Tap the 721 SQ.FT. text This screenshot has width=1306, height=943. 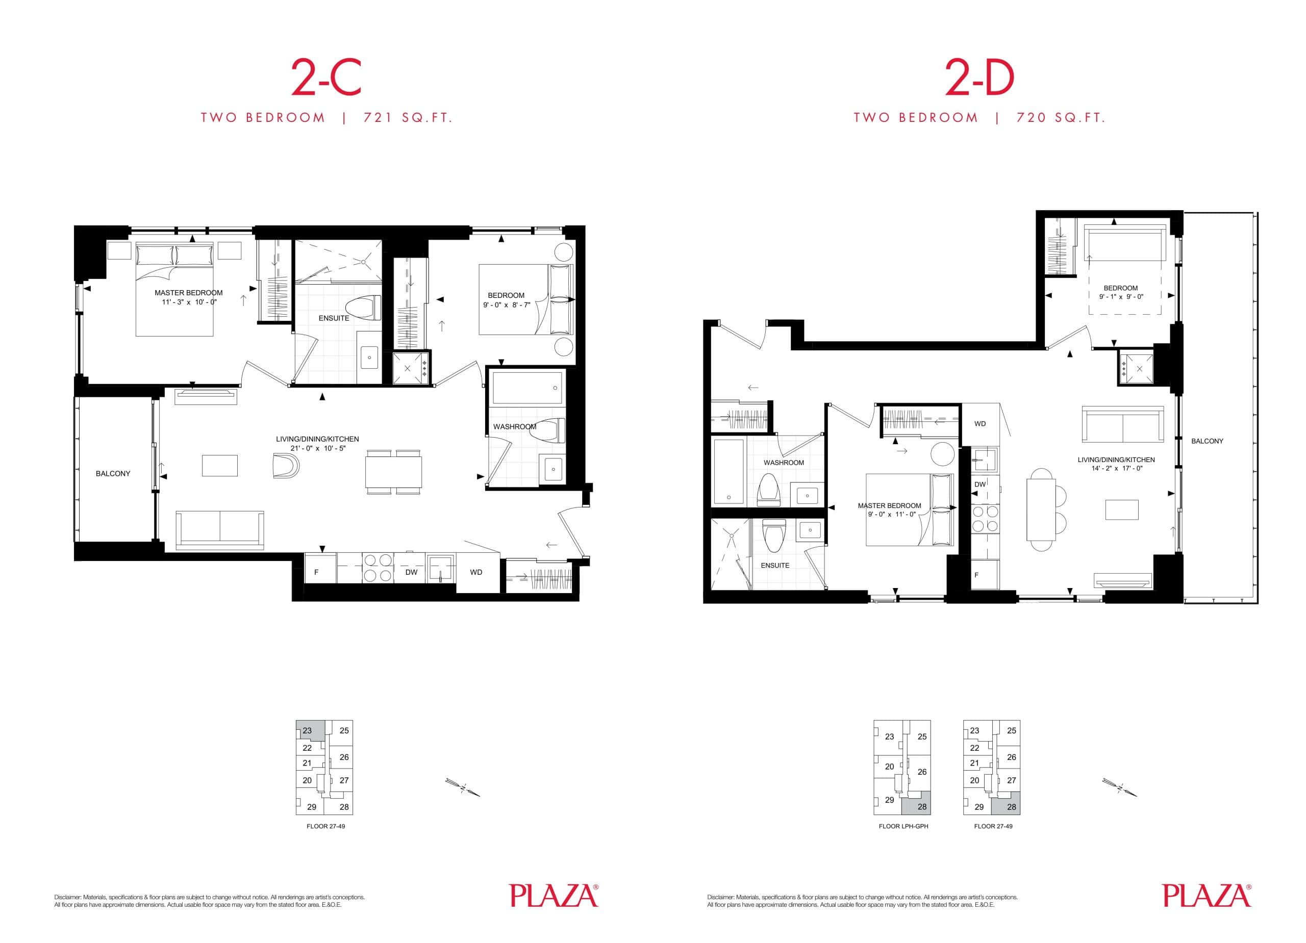408,118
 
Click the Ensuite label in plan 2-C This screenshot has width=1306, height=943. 334,318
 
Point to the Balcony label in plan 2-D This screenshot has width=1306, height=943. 1207,441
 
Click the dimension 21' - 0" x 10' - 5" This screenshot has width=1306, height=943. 318,448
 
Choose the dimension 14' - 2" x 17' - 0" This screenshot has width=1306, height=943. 1116,469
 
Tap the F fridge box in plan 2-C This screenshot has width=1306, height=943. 319,572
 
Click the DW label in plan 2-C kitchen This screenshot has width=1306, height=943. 411,573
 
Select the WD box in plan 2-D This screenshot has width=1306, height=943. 979,424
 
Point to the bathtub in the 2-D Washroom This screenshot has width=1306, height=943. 729,470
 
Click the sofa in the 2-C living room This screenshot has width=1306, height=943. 219,528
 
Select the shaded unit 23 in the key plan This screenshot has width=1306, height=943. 309,730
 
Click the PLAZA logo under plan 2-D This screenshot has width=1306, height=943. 1206,896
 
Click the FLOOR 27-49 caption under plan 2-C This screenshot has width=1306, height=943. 325,826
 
